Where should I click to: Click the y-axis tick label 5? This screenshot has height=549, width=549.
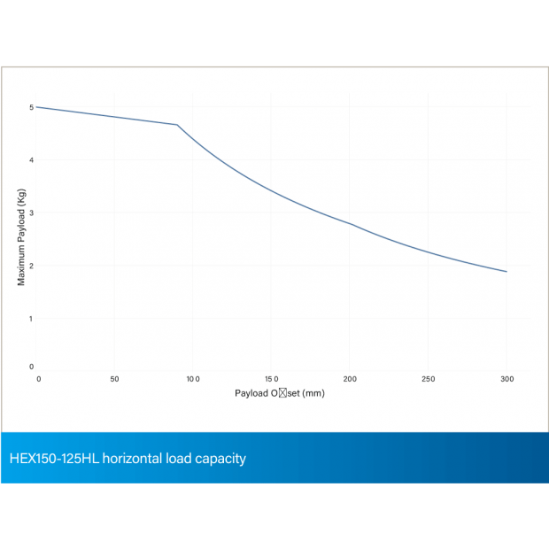coord(31,107)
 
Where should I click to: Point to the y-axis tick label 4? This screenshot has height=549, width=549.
coord(31,160)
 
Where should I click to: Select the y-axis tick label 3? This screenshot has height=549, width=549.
coord(31,213)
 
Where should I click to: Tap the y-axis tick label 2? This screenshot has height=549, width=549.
coord(31,266)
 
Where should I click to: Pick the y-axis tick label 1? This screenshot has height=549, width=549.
coord(31,318)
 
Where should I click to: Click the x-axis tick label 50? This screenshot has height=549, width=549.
coord(113,379)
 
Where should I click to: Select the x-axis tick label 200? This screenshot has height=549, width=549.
coord(350,379)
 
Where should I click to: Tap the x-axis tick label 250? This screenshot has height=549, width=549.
coord(429,379)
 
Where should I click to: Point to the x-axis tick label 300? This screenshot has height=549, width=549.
coord(506,379)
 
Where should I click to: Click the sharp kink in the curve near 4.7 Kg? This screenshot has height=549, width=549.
coord(177,125)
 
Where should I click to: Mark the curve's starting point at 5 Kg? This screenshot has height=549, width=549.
coord(36,107)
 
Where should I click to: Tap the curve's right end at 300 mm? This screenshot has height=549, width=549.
coord(506,272)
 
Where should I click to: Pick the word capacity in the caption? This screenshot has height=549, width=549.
coord(221,459)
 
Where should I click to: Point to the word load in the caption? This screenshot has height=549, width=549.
coord(184,459)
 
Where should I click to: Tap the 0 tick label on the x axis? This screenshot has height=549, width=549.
coord(38,379)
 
